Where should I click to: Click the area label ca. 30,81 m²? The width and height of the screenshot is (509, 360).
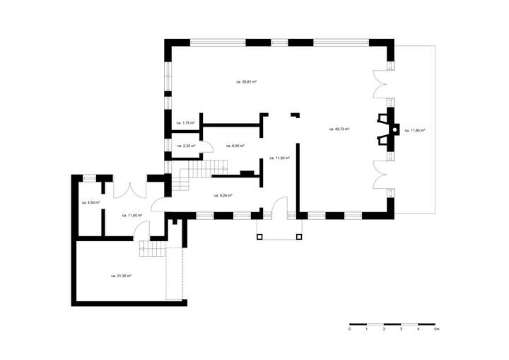(246, 82)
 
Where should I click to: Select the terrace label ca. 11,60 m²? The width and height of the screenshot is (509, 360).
(414, 130)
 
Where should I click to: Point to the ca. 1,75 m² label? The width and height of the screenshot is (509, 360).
(185, 123)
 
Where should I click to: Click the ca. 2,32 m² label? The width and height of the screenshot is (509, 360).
(185, 146)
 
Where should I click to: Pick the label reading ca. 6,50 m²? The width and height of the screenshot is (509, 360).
(235, 146)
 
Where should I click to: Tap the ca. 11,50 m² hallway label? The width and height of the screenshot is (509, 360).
(280, 158)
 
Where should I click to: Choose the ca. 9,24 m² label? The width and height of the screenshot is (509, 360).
(223, 195)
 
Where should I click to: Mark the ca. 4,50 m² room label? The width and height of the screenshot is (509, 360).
(90, 202)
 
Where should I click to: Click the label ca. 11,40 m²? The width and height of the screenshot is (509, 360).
(132, 215)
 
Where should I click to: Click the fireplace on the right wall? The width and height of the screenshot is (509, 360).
(387, 129)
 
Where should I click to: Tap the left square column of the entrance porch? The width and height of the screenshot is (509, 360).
(259, 236)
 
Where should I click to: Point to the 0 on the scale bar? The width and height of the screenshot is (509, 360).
(350, 330)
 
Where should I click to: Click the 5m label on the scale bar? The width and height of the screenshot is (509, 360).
(437, 330)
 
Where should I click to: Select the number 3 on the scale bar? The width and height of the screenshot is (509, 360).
(401, 330)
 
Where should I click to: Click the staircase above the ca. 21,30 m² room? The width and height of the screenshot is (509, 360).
(151, 249)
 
